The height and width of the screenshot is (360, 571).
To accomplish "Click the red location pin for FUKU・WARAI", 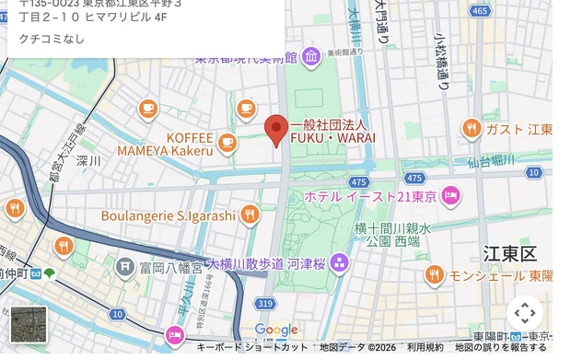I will (277, 130).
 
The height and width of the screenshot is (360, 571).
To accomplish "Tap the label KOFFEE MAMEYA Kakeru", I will (165, 144).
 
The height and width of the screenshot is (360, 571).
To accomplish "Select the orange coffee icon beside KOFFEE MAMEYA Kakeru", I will (227, 143).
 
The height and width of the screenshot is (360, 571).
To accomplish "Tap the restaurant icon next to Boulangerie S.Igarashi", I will (250, 215).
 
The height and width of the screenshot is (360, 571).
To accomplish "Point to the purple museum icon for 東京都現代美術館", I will (311, 56).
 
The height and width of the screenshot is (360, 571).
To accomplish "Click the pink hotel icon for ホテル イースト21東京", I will (450, 195).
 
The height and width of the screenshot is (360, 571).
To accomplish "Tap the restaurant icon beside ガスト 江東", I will (472, 128).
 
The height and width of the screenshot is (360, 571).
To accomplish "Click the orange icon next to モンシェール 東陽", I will (434, 274).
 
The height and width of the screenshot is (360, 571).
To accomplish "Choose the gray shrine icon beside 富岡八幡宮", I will (125, 267).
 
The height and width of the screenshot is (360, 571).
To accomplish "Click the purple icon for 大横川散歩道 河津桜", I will (340, 264).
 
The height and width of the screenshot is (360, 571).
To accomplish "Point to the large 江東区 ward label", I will (509, 252).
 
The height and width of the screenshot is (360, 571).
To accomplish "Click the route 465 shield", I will (480, 11).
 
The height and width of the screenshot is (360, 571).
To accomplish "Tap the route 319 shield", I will (266, 303).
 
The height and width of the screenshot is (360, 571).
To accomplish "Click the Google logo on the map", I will (276, 330).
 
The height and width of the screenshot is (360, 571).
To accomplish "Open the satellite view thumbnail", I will (29, 324).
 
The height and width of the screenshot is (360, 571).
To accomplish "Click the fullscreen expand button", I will (525, 312).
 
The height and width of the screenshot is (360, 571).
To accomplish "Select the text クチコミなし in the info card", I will (45, 39).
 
